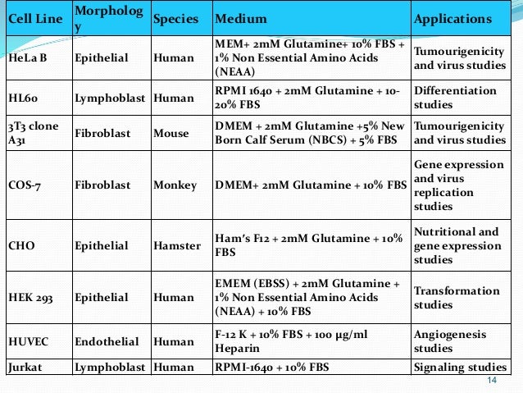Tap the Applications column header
(453, 20)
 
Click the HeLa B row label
(29, 58)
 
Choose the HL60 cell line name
(24, 97)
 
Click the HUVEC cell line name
(29, 342)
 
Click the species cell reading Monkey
(175, 185)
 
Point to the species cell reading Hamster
(176, 245)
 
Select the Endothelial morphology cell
(106, 342)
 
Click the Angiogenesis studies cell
(450, 342)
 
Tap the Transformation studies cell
(457, 298)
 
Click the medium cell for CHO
(308, 245)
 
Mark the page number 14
(492, 382)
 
